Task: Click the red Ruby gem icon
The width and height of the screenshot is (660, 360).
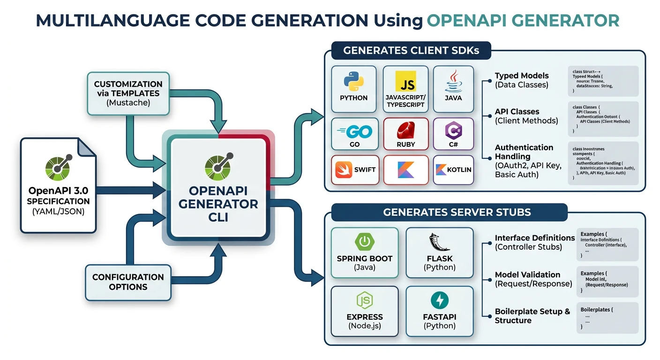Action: (x=405, y=130)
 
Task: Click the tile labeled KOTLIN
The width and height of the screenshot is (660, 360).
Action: (x=453, y=169)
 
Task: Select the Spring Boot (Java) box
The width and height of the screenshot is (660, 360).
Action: (x=364, y=253)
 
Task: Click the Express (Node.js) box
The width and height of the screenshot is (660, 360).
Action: (x=364, y=311)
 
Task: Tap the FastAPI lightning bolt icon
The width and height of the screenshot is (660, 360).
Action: (x=439, y=300)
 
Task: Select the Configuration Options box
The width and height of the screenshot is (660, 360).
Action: (x=128, y=282)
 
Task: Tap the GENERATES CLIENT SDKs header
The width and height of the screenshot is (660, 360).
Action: (x=411, y=51)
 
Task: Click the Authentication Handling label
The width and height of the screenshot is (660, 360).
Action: (x=524, y=152)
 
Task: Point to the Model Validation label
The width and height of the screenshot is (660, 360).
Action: (x=527, y=275)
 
